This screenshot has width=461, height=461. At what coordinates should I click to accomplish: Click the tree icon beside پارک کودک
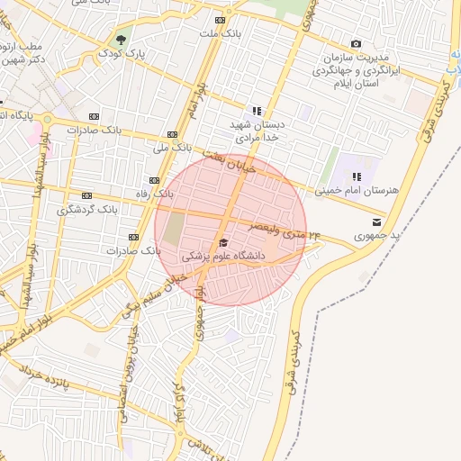click(120, 40)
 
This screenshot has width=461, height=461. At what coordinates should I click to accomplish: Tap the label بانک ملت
click(221, 34)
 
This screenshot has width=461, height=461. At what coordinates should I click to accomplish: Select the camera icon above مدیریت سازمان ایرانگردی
click(356, 43)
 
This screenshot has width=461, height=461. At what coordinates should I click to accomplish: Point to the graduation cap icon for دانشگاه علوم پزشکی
click(223, 242)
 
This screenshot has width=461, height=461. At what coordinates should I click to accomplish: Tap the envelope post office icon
click(375, 221)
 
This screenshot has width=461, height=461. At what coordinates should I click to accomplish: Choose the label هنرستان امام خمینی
click(357, 191)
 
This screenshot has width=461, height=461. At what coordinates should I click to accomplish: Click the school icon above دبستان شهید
click(257, 112)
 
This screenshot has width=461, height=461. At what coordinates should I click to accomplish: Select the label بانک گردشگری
click(87, 209)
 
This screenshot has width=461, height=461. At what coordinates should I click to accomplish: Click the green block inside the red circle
click(174, 229)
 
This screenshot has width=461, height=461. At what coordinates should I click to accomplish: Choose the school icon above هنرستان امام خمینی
click(357, 176)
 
